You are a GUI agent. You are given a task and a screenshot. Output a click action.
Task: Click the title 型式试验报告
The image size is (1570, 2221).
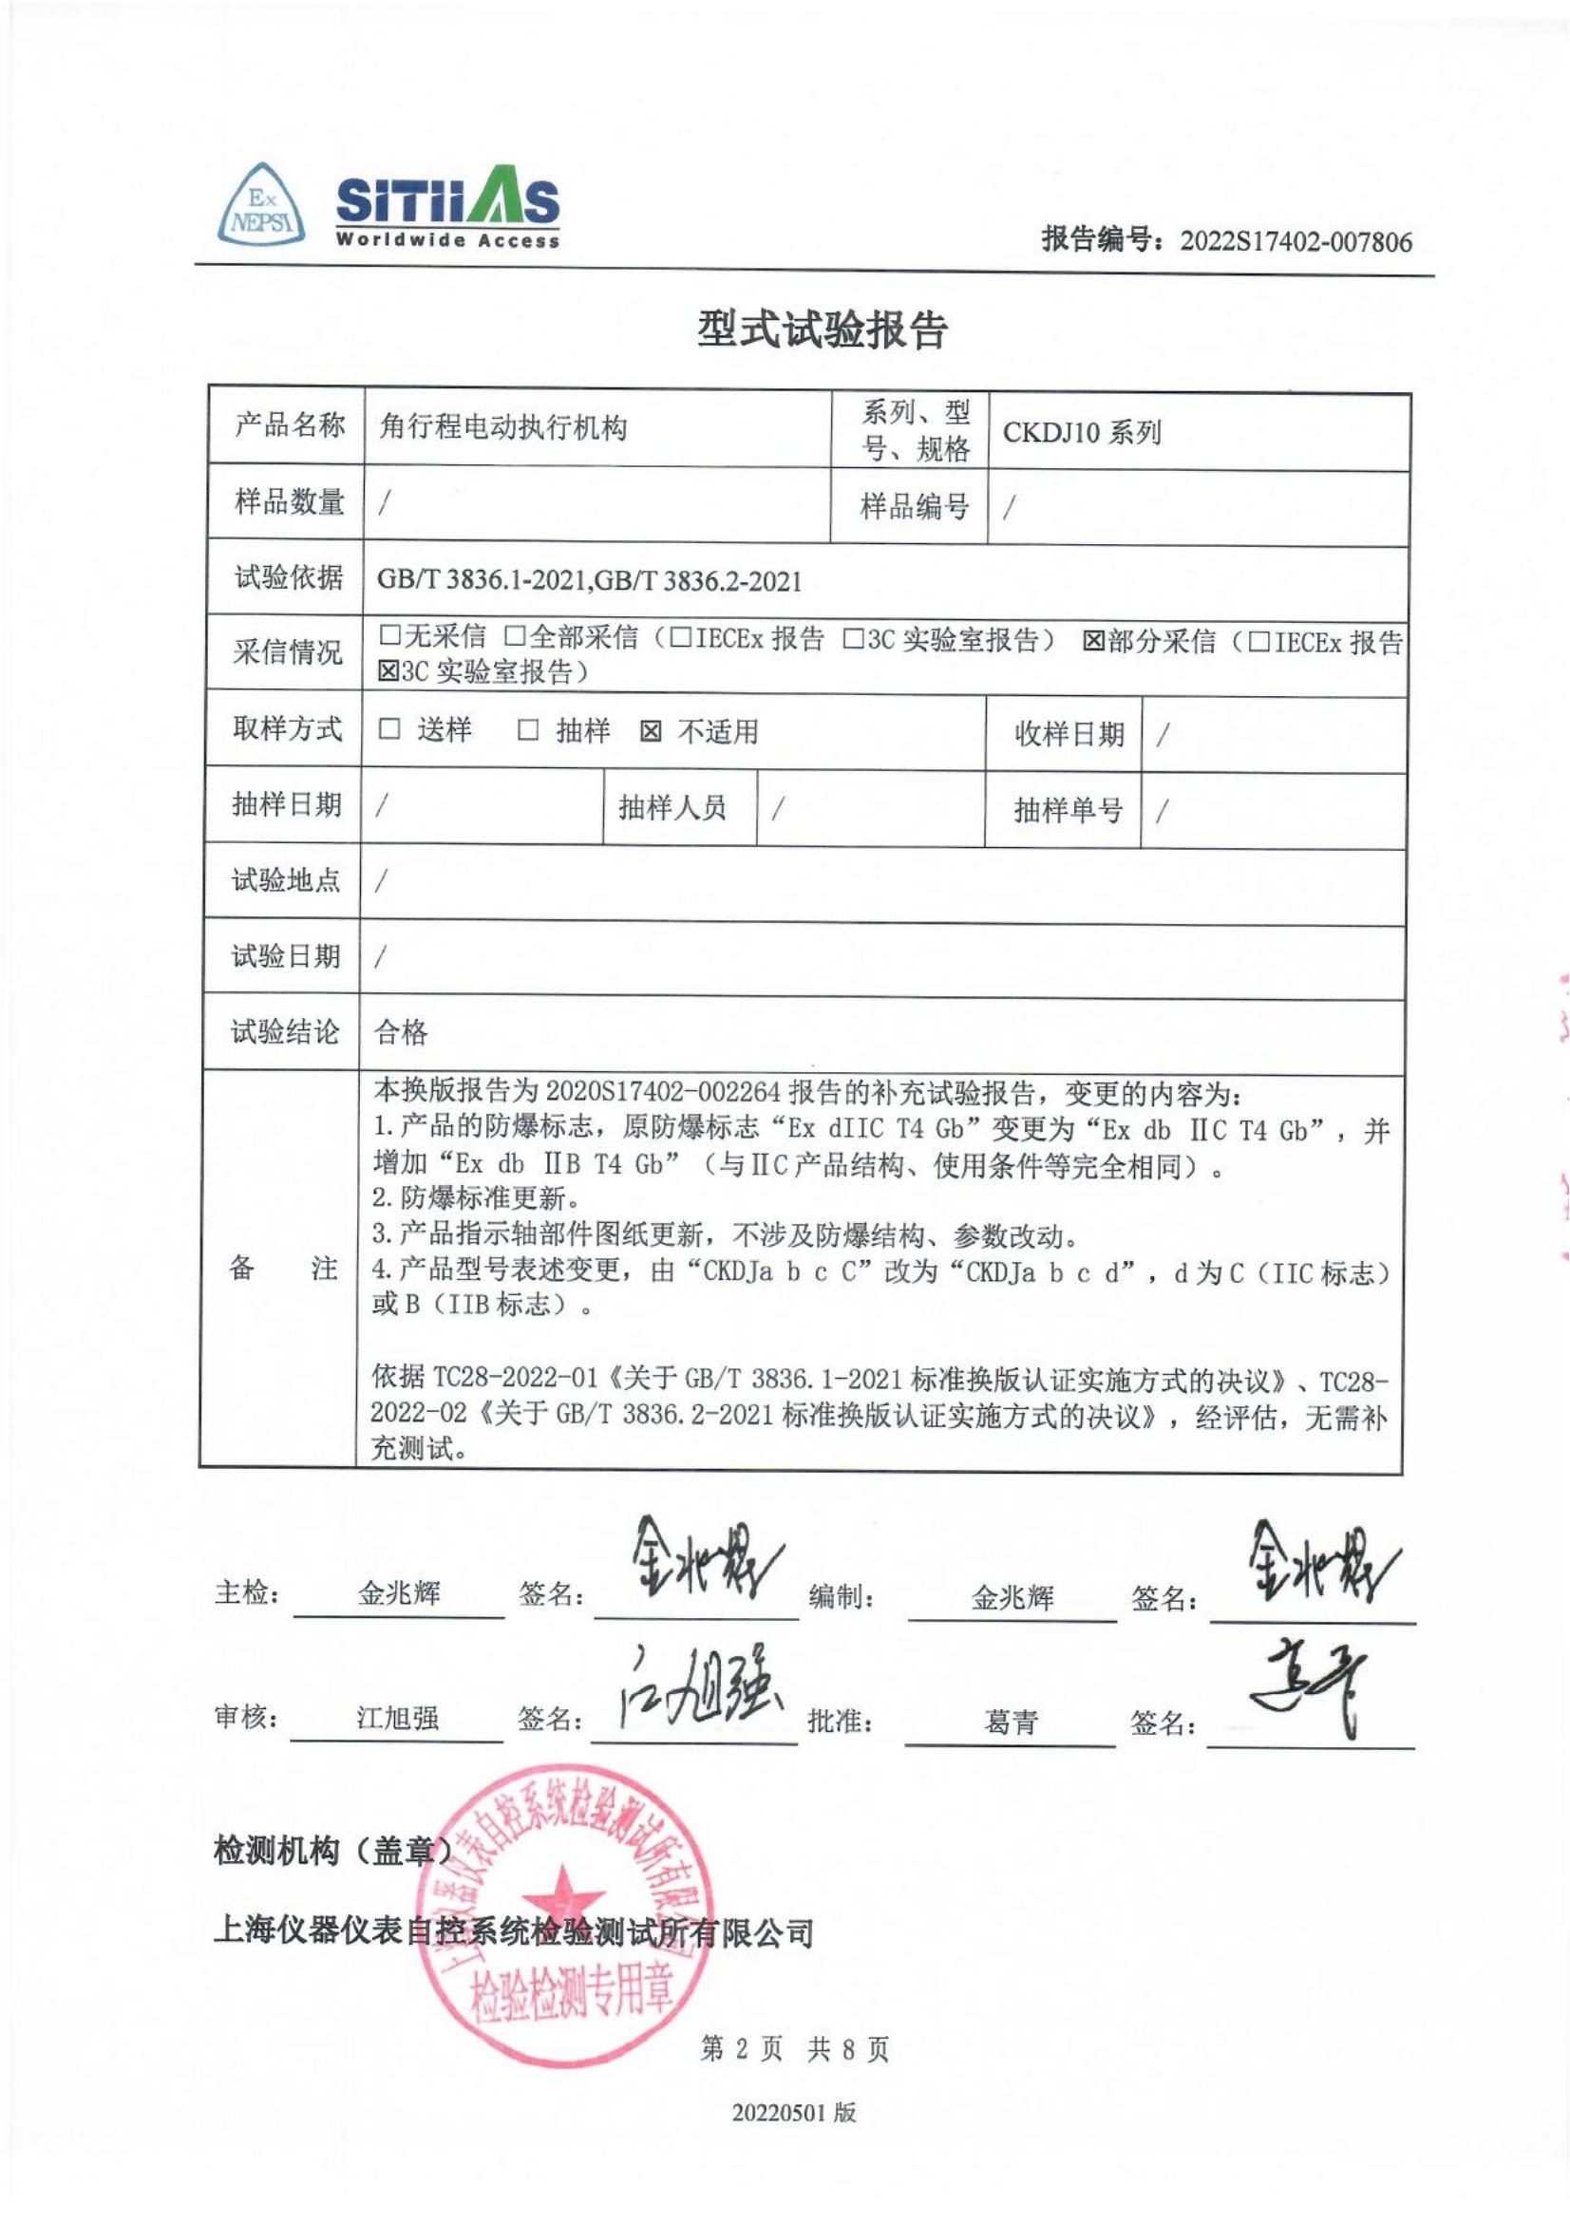pos(822,329)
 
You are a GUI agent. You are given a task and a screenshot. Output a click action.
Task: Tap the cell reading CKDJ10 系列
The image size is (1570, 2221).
pos(1082,432)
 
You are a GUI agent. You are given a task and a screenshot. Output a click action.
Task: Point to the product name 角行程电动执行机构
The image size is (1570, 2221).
pos(503,426)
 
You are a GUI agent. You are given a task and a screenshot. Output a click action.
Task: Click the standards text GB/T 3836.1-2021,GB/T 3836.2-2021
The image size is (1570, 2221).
pos(589,580)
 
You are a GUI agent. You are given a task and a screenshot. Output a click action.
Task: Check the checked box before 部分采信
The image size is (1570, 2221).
pos(1093,640)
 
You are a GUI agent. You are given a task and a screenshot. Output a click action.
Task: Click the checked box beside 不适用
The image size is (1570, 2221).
pos(651,731)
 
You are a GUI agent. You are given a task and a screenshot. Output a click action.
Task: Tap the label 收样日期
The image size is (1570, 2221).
pos(1068,734)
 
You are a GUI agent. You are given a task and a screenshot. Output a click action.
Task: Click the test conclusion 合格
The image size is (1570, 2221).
pos(401,1033)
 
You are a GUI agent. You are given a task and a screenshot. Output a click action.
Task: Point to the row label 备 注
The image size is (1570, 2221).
pos(282,1269)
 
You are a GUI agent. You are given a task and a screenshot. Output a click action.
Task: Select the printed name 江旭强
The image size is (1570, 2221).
pos(398,1718)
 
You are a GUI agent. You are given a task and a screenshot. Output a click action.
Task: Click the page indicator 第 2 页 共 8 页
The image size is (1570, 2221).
pos(794,2048)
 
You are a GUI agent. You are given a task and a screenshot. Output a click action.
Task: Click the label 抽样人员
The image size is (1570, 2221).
pos(672,808)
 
